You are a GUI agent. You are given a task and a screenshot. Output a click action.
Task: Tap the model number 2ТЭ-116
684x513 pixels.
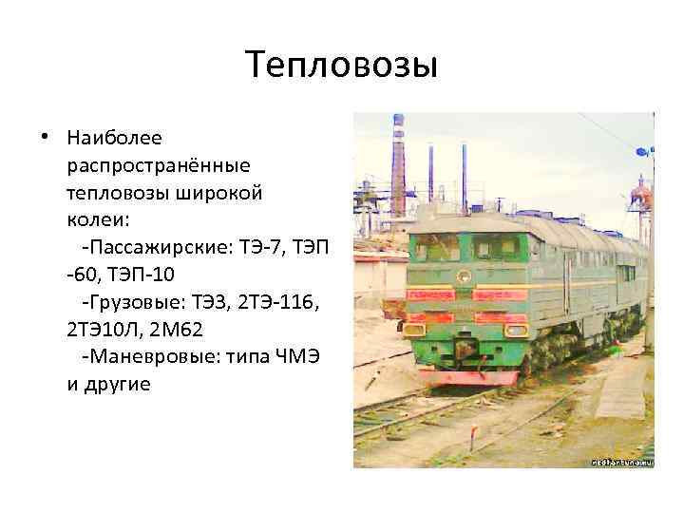tap(279, 303)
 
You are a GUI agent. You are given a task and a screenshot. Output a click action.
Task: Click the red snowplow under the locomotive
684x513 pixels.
tap(465, 376)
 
